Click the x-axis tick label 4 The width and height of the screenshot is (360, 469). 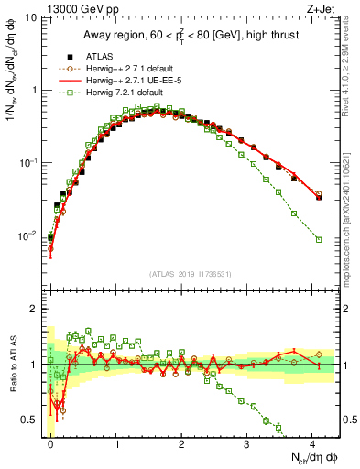point(312,443)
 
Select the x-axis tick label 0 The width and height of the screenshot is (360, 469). point(50,443)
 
